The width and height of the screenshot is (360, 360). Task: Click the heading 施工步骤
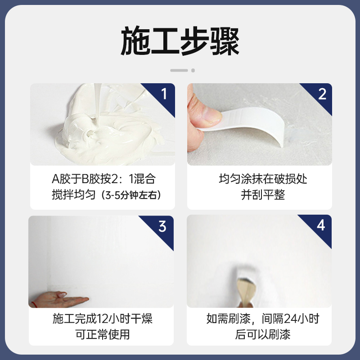coord(180,41)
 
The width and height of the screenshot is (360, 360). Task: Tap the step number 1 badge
coord(164,94)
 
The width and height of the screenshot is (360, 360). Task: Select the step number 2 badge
coord(322,94)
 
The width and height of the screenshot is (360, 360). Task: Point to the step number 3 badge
coord(163,226)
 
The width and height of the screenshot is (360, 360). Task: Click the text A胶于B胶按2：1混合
coord(103,179)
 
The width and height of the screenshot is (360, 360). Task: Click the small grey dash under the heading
coord(179,70)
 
